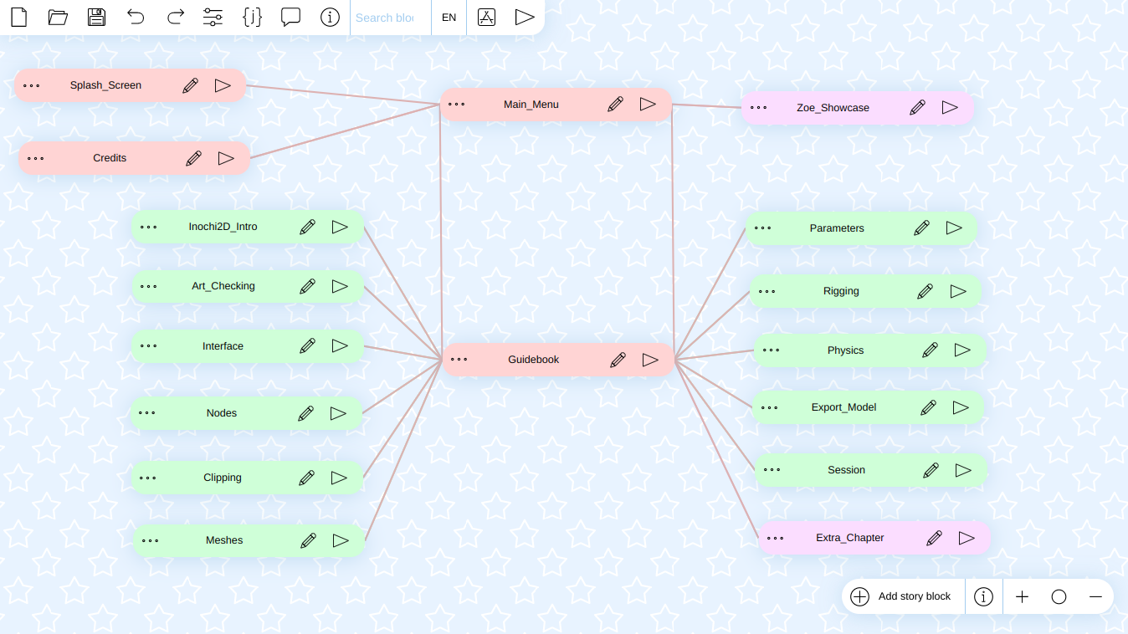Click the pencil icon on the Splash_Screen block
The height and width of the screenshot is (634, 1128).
click(x=190, y=85)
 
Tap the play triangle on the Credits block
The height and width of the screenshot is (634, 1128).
click(x=226, y=159)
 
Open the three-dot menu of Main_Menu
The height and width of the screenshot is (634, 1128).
click(x=457, y=105)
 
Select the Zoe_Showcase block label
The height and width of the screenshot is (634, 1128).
click(x=833, y=108)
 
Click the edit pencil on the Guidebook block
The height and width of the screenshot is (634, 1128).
click(x=618, y=360)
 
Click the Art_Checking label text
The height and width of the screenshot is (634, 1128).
click(x=223, y=286)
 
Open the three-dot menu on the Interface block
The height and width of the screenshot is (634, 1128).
click(x=149, y=346)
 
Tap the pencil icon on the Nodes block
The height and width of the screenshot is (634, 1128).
click(x=305, y=414)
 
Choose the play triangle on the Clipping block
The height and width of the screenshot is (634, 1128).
click(x=339, y=478)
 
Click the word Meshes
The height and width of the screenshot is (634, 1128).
click(x=224, y=540)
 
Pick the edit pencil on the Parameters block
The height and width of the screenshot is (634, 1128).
click(x=921, y=228)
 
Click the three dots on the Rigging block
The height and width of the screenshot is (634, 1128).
click(x=767, y=291)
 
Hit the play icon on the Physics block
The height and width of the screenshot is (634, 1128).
click(x=962, y=350)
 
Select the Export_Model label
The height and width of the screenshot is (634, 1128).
click(x=844, y=407)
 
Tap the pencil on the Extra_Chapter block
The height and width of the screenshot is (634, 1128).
click(x=934, y=538)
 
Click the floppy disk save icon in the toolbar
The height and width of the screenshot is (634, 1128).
click(x=96, y=18)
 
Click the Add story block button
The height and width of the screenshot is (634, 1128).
click(x=901, y=596)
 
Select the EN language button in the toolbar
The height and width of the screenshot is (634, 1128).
click(x=449, y=18)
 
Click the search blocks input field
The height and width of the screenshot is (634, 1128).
click(x=390, y=18)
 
